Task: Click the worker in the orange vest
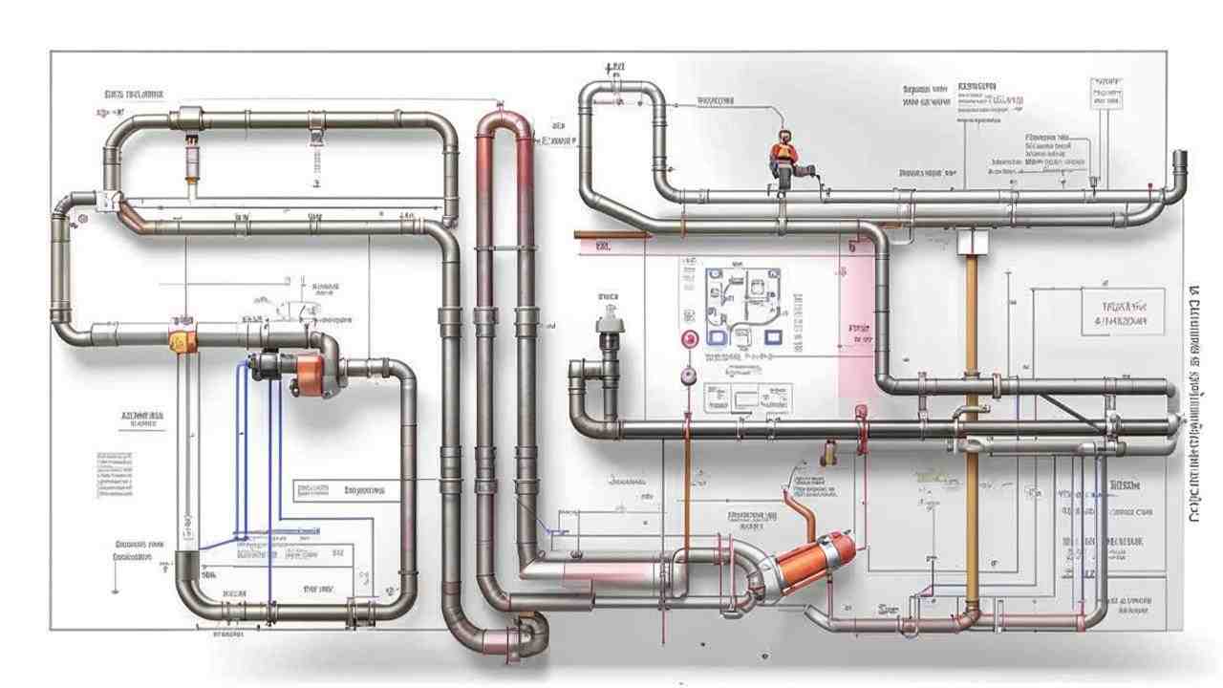point(783,156)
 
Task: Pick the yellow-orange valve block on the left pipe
point(182,340)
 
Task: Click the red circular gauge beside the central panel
point(687,338)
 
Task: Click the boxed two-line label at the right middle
point(1124,313)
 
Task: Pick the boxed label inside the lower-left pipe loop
point(339,491)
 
